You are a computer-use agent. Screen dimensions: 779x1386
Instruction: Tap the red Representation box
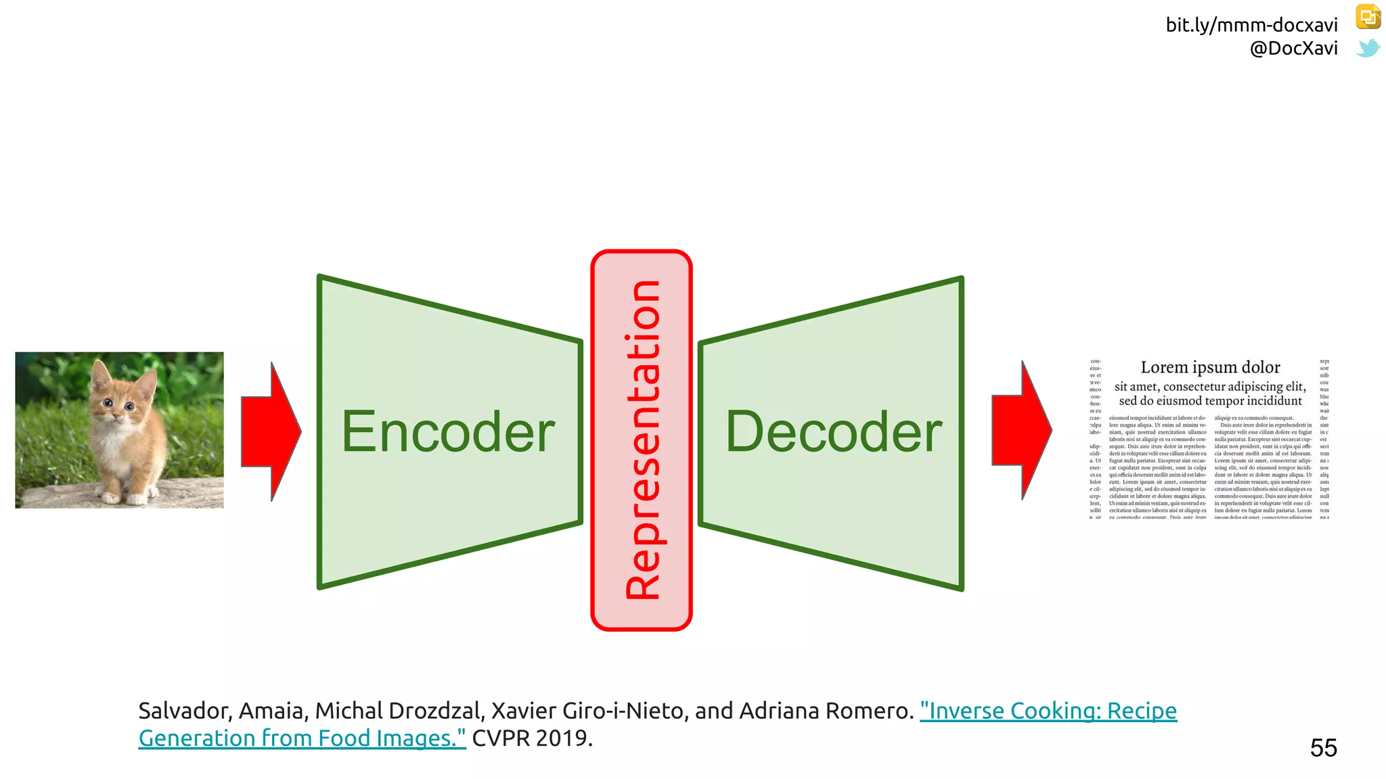642,440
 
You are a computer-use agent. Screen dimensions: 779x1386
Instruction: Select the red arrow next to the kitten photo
271,431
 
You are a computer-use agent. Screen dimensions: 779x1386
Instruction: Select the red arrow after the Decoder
1021,430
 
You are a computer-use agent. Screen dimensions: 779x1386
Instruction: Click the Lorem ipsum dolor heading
1210,367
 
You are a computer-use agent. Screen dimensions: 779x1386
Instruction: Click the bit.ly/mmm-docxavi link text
1251,25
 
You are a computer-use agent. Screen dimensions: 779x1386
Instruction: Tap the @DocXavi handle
1293,48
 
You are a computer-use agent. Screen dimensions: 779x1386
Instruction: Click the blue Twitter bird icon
1368,48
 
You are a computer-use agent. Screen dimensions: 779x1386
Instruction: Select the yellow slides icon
1368,17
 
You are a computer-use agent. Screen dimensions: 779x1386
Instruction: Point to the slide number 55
1323,748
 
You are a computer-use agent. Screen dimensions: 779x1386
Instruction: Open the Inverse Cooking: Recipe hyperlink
1048,711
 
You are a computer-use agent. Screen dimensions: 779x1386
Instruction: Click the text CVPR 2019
532,738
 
